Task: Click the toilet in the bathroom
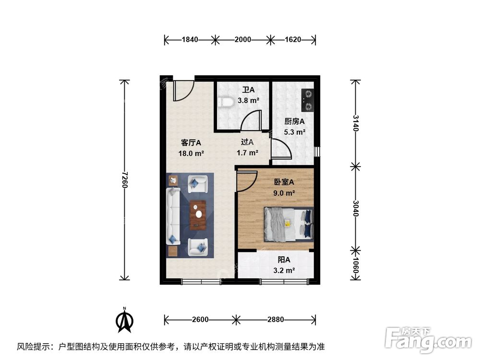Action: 225,102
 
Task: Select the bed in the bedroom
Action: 288,224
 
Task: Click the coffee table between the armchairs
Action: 198,215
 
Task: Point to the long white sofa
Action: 173,216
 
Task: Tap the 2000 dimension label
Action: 243,39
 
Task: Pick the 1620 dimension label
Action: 292,39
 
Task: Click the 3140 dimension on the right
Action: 355,123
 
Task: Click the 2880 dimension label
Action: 276,319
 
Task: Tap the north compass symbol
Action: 126,320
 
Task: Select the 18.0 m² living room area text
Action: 191,154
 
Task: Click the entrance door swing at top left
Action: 183,90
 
